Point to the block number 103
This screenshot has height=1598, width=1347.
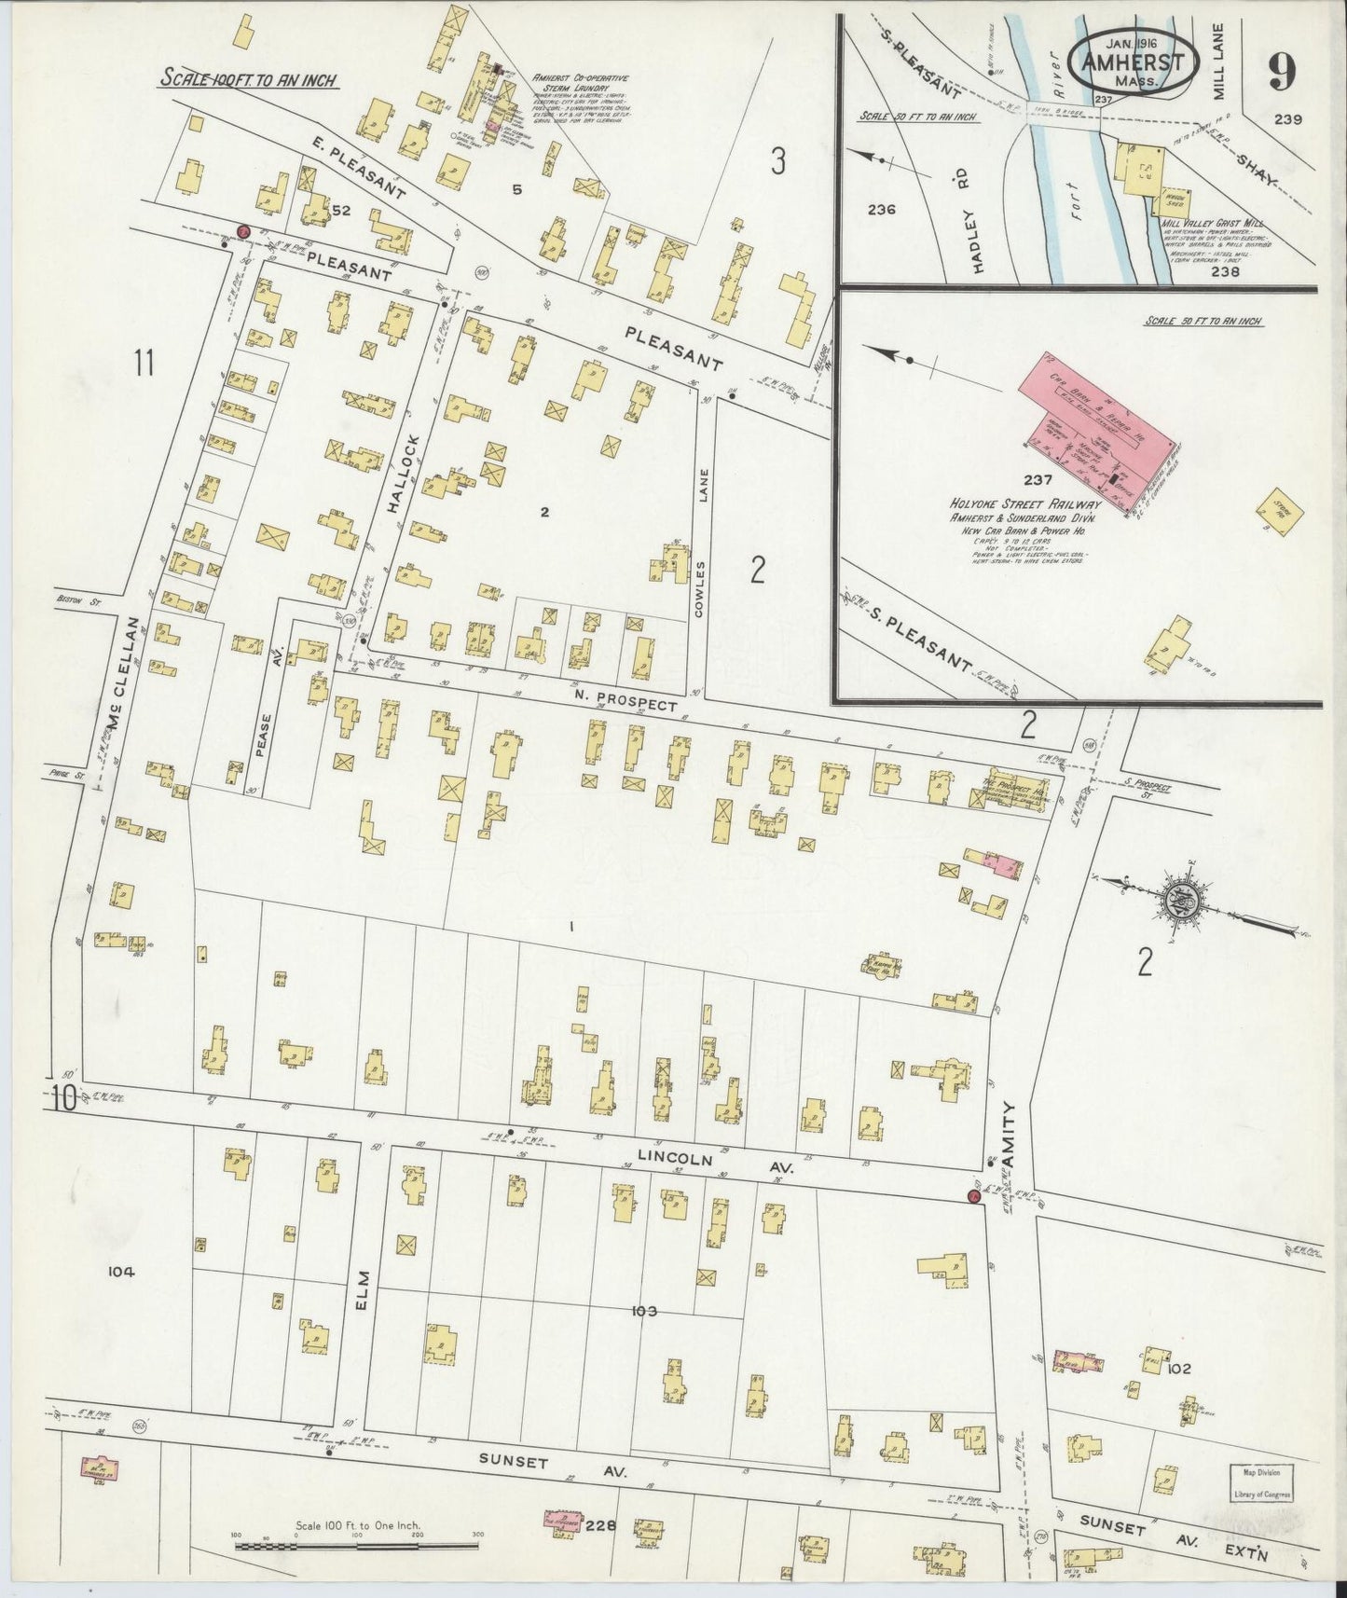pos(643,1312)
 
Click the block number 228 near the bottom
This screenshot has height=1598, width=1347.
pos(602,1524)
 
